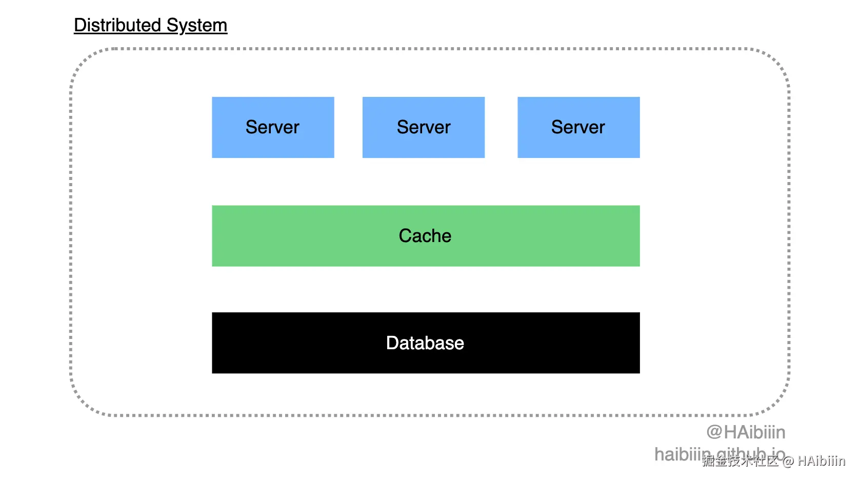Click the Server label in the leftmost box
point(272,127)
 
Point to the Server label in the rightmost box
point(578,127)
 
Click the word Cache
point(425,236)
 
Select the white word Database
point(425,343)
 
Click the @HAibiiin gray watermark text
point(746,432)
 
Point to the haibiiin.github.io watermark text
point(682,454)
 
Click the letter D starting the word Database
point(392,343)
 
